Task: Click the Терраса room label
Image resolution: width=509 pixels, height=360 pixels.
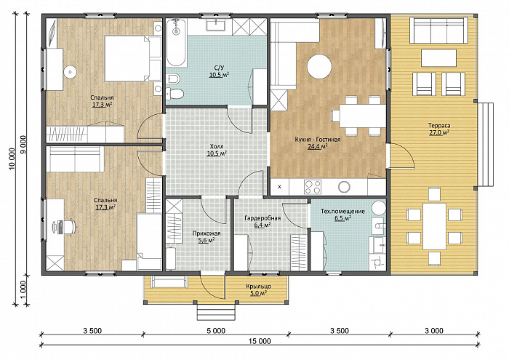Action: coord(439,126)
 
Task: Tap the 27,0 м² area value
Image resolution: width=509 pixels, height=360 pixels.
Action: coord(439,132)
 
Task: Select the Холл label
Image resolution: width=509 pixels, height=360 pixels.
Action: coord(217,146)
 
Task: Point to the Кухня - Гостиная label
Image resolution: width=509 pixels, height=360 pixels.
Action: coord(318,140)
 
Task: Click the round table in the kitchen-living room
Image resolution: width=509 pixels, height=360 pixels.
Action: coord(319,67)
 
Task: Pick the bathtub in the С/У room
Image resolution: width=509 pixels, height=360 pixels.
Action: coord(176,42)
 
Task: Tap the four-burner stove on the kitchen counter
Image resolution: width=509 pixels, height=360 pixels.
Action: coord(312,187)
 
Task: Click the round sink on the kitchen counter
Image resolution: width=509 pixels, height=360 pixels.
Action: coord(344,187)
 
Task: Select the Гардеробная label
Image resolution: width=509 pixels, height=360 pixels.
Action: coord(262,218)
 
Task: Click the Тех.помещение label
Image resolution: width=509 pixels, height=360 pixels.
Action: coord(342,212)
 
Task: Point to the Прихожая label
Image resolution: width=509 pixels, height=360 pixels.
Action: coord(207,233)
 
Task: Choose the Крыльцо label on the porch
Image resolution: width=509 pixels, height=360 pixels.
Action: coord(258,287)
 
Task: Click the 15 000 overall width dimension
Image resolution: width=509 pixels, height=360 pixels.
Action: coord(260,341)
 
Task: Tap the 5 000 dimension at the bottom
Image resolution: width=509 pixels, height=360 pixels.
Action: coord(216,331)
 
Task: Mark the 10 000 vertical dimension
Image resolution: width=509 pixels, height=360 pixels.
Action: coord(12,159)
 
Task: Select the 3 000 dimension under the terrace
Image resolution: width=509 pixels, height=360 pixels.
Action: coord(434,331)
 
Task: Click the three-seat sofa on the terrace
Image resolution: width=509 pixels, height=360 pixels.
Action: coord(439,31)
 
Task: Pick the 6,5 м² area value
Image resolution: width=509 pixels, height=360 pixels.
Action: coord(342,218)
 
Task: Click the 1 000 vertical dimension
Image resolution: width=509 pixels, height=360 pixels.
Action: coord(23,289)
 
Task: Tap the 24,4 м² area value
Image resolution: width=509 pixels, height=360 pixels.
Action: coord(317,146)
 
